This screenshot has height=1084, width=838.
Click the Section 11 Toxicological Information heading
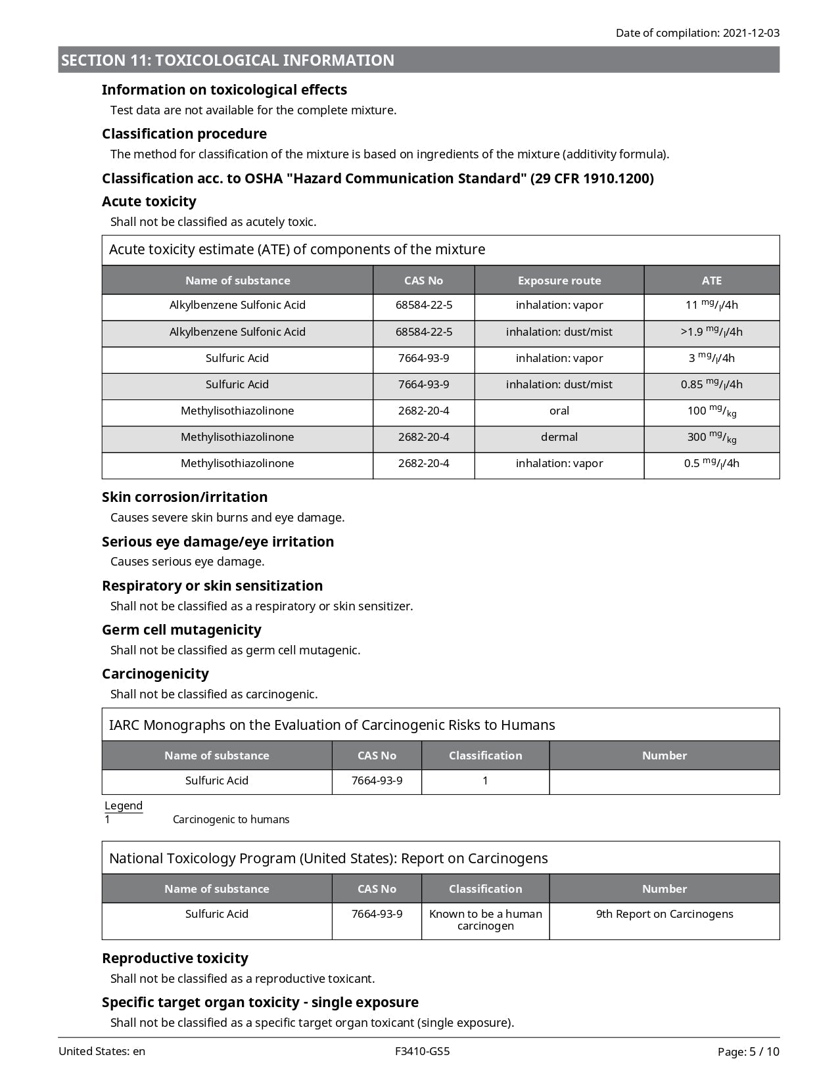click(x=227, y=60)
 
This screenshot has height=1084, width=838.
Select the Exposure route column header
click(x=559, y=281)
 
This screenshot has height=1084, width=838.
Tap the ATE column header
click(x=711, y=281)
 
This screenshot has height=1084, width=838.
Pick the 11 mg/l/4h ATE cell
click(x=711, y=305)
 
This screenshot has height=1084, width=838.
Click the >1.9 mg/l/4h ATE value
click(x=711, y=332)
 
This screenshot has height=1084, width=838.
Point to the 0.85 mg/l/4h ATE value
click(x=711, y=384)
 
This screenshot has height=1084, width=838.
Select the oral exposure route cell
click(x=559, y=411)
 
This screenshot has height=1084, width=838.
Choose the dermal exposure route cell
click(x=559, y=437)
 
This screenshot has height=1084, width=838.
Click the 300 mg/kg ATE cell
click(x=711, y=438)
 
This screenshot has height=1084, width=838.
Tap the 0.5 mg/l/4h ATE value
click(x=711, y=463)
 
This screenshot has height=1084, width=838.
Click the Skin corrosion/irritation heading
click(x=185, y=497)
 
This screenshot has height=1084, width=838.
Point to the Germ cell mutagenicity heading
click(x=181, y=630)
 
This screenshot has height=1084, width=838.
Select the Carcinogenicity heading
click(x=155, y=674)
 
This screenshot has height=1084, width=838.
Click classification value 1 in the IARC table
click(x=485, y=780)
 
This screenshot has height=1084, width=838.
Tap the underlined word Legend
click(x=124, y=805)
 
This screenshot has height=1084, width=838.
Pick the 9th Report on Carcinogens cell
click(x=664, y=914)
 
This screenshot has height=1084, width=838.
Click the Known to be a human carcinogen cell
click(x=485, y=920)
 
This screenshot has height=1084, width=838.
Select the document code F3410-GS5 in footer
click(x=423, y=1051)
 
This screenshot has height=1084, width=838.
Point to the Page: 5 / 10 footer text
click(x=748, y=1052)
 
